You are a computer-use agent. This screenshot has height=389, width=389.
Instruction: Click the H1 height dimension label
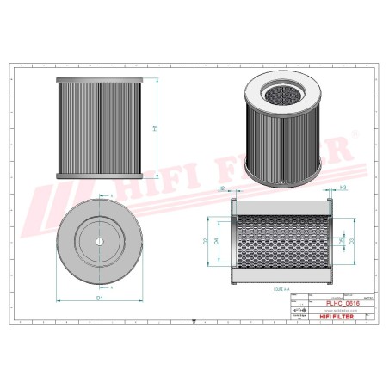click(154, 128)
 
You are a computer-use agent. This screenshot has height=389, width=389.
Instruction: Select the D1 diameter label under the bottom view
click(101, 297)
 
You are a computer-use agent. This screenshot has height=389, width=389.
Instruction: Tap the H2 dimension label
click(222, 187)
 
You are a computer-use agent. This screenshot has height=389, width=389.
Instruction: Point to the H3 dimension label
click(343, 187)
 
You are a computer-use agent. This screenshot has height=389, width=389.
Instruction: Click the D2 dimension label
click(205, 242)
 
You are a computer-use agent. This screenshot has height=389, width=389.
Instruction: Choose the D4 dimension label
click(216, 242)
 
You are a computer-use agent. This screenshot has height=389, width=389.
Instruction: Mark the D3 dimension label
click(350, 242)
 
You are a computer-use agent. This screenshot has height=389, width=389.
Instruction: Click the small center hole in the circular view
click(99, 240)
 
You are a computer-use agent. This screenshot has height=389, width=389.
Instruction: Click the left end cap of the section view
click(234, 241)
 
